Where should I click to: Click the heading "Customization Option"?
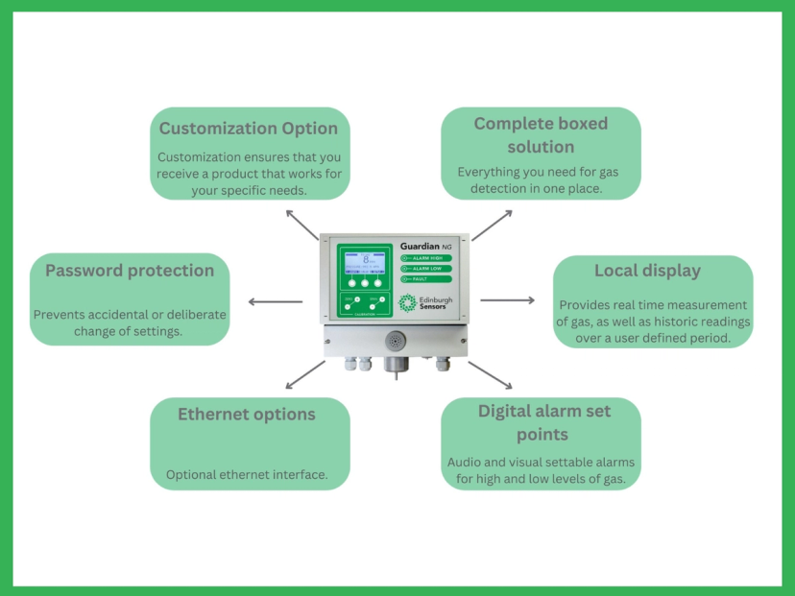coord(249,129)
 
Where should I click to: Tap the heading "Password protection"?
coord(130,271)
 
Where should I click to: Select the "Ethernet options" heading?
coord(247,415)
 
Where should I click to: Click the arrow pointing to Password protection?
coord(275,301)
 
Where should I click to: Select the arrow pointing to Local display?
coord(507,300)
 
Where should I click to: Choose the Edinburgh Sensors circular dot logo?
coord(408,302)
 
